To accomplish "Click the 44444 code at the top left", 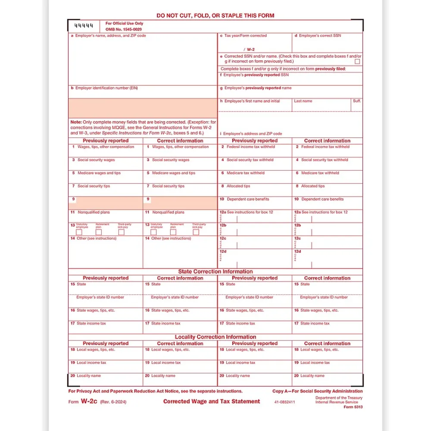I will (84, 26).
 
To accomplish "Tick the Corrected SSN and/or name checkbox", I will (357, 62).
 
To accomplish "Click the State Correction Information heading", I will (215, 272).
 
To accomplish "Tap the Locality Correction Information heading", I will (215, 337).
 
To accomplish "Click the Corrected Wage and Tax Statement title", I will (211, 401).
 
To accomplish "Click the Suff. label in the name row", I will (357, 101).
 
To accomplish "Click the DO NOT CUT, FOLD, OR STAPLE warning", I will (215, 16).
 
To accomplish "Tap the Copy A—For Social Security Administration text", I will (317, 391).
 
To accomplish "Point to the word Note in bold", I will (76, 122).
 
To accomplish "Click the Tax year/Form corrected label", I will (246, 36).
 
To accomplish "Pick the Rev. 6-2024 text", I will (112, 402).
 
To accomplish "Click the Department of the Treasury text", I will (339, 398).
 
